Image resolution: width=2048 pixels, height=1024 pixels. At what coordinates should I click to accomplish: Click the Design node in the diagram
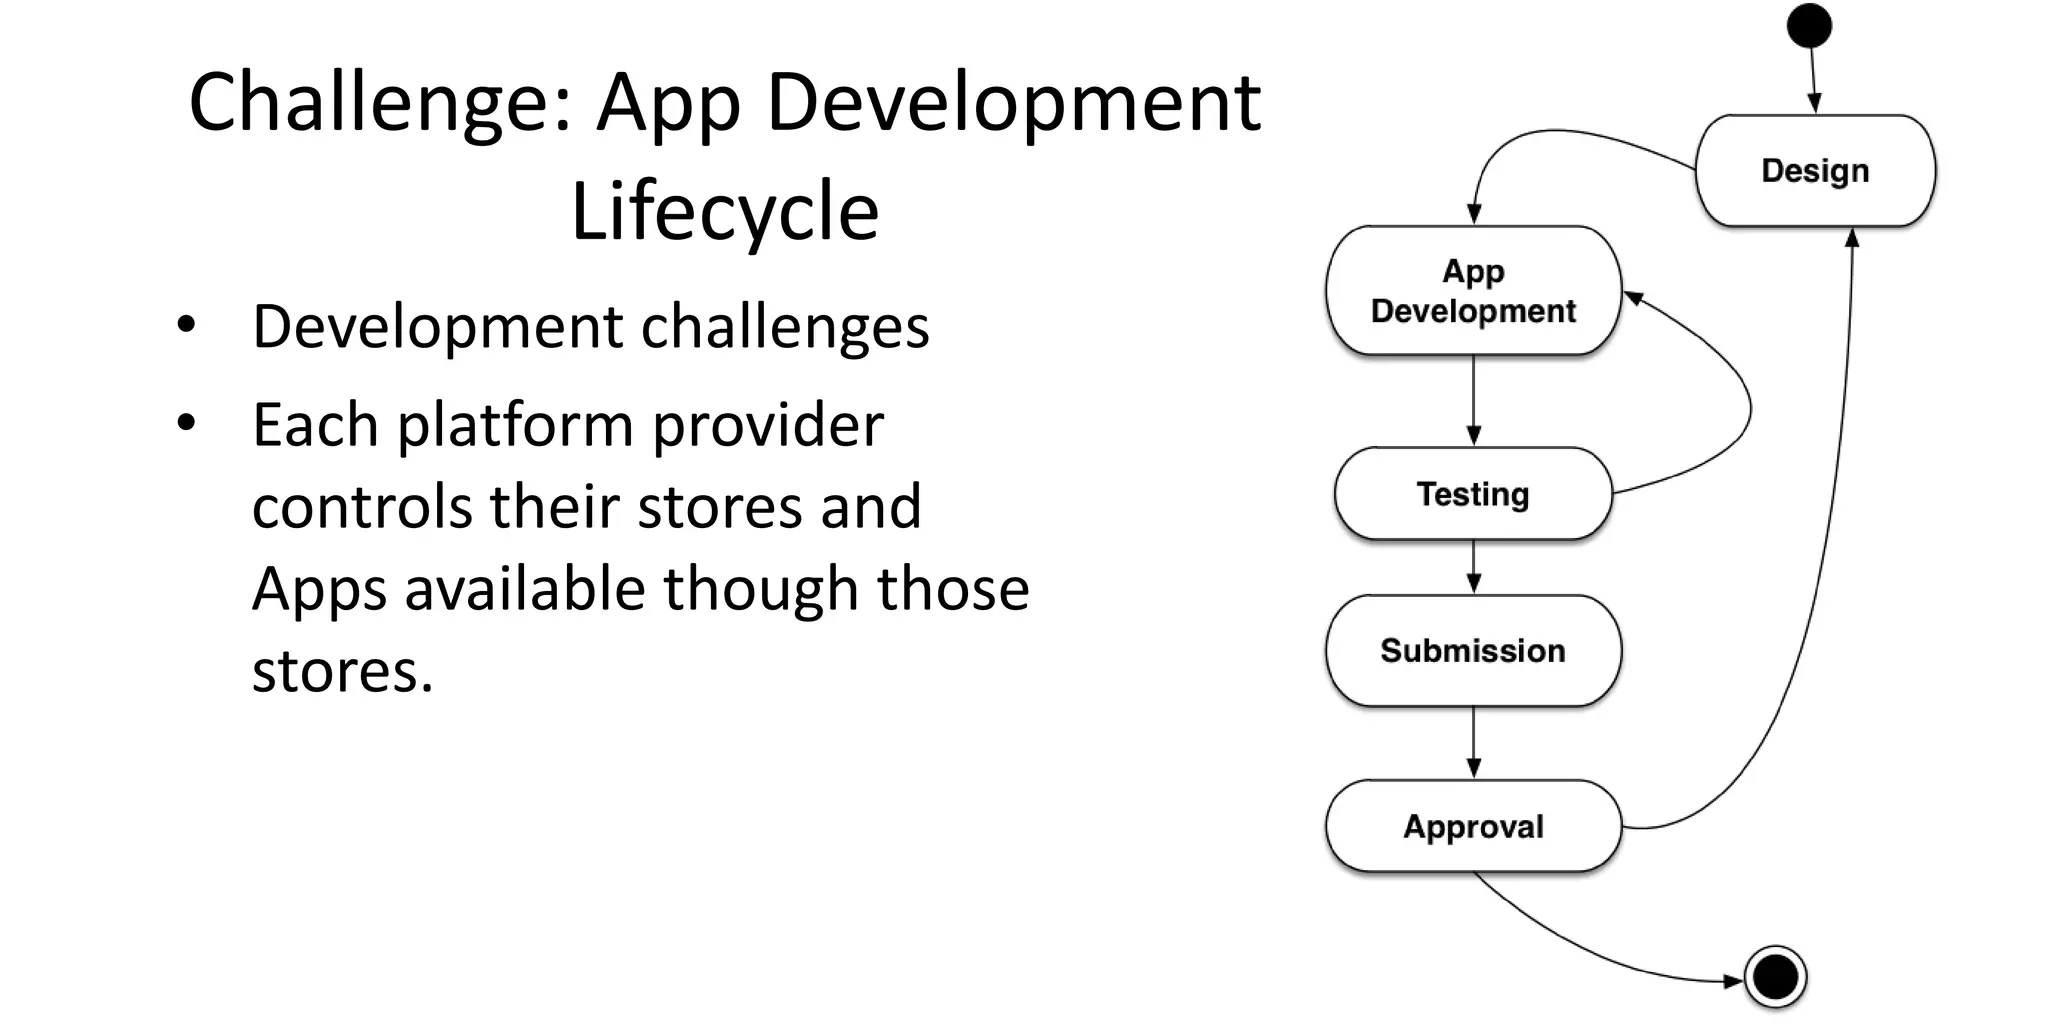(x=1815, y=171)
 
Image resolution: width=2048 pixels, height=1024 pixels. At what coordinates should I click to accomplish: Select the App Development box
(x=1473, y=291)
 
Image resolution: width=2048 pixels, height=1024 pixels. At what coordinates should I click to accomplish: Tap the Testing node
(x=1473, y=494)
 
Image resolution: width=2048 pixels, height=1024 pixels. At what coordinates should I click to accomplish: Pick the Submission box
(x=1473, y=651)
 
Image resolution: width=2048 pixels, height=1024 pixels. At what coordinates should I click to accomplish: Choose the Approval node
(x=1473, y=827)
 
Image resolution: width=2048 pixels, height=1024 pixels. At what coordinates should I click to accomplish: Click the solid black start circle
(x=1809, y=26)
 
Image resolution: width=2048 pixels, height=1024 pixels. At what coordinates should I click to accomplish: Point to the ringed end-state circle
(x=1775, y=977)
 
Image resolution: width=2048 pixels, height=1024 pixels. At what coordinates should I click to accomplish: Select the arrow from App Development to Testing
(x=1473, y=400)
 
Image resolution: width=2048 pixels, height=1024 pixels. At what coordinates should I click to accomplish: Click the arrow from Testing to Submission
(x=1473, y=567)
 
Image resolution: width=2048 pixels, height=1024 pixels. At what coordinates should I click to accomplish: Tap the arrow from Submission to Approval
(x=1473, y=742)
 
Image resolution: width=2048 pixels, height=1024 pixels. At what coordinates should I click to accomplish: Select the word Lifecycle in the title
(x=724, y=212)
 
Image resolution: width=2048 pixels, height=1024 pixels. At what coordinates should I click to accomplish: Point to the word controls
(x=361, y=507)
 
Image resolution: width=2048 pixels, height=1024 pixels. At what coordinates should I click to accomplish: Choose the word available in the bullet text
(x=524, y=588)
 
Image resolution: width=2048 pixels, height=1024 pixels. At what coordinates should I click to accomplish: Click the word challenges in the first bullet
(x=784, y=328)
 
